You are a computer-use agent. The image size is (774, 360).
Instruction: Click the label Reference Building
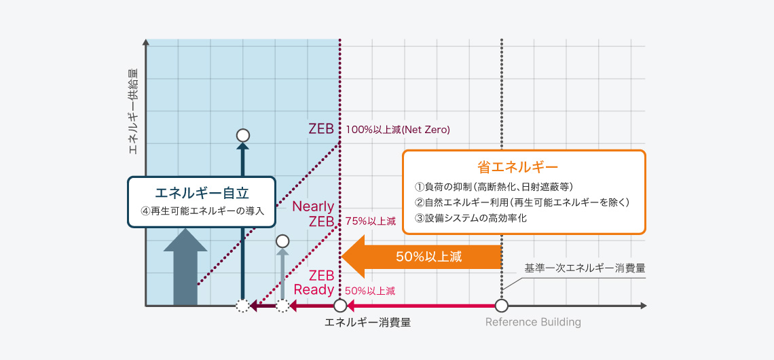(533, 322)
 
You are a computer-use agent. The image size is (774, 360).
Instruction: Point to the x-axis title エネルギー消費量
(367, 322)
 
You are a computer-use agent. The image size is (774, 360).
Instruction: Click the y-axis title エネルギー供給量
(134, 111)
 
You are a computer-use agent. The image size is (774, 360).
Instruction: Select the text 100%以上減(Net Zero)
(398, 129)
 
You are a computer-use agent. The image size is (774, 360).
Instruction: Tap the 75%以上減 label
(370, 221)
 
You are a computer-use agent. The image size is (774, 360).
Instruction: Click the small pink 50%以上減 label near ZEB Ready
(370, 291)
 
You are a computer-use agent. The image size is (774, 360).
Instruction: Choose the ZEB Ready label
(314, 283)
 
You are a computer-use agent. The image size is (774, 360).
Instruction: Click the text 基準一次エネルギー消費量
(584, 268)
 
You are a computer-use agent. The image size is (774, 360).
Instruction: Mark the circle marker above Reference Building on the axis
(502, 306)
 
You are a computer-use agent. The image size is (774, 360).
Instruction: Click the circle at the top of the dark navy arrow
(243, 135)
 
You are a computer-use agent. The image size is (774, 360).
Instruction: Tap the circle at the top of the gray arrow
(282, 241)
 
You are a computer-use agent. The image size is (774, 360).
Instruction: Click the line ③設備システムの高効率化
(471, 218)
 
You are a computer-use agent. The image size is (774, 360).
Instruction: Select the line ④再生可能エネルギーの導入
(202, 211)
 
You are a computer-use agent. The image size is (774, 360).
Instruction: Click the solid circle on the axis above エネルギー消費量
(340, 306)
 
